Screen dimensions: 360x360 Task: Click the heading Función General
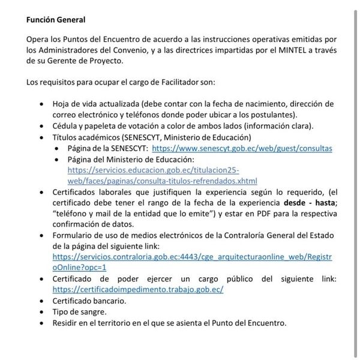[55, 20]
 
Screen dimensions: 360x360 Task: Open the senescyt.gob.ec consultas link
[242, 148]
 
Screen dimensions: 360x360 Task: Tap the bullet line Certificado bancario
[89, 301]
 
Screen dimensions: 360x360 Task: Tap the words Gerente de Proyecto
[89, 61]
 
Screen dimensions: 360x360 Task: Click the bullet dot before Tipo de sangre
[41, 313]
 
